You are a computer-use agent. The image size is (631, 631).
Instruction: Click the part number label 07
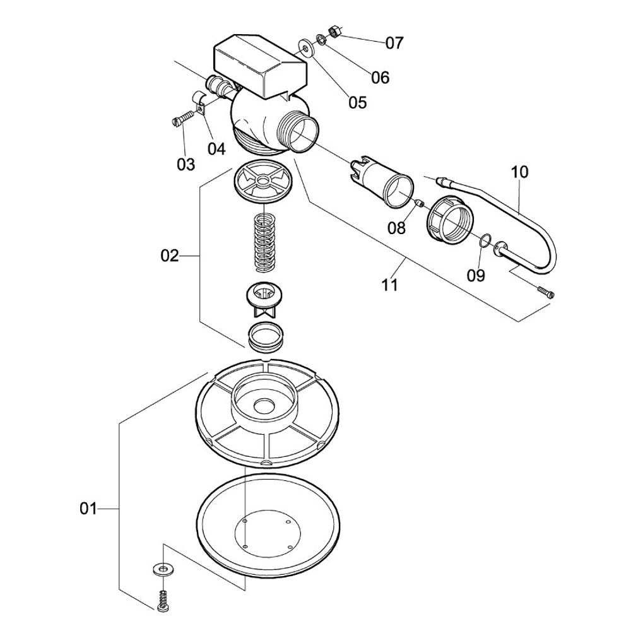coord(394,44)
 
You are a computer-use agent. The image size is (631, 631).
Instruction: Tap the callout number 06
coord(380,78)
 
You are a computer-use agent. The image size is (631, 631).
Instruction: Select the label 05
coord(357,102)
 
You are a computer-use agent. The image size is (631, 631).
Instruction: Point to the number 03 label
coord(186,165)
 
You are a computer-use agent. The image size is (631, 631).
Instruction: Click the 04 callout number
coord(216,149)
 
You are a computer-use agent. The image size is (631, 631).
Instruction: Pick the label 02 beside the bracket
coord(170,256)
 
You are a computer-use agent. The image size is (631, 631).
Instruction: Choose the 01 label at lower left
coord(89,508)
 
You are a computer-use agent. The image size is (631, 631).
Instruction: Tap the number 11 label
coord(390,285)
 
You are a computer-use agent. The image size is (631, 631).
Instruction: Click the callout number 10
coord(521,172)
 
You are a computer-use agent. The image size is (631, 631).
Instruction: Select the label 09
coord(476,275)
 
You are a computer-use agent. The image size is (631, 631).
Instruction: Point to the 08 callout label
coord(396,228)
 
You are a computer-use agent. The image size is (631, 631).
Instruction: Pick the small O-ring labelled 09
coord(484,240)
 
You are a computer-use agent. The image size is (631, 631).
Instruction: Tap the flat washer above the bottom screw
coord(163,570)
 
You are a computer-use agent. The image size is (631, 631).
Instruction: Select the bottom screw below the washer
coord(163,599)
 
